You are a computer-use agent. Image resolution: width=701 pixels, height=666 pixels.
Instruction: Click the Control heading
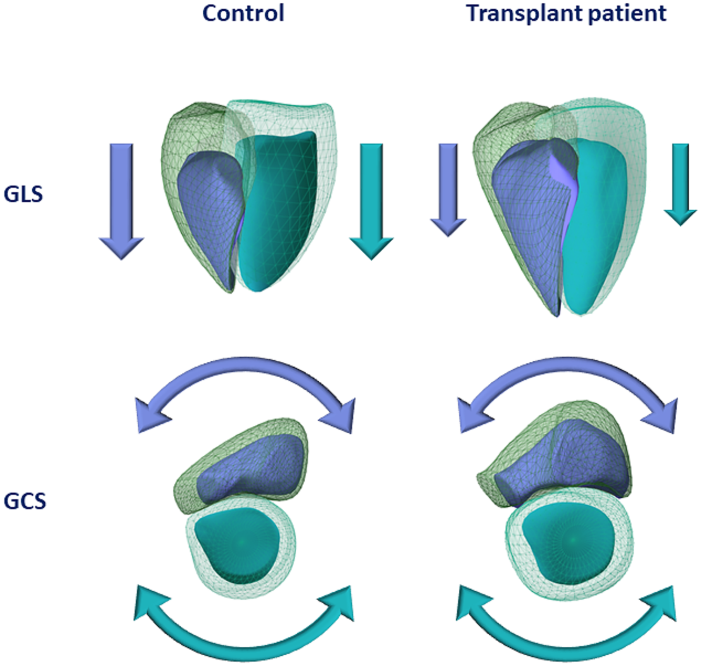(x=243, y=13)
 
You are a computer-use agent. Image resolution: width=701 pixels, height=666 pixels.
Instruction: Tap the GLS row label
(x=23, y=194)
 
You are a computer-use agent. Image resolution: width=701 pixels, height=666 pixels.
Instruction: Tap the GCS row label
(x=25, y=501)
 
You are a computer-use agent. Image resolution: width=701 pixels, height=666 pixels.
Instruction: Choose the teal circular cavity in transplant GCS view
(x=568, y=542)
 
